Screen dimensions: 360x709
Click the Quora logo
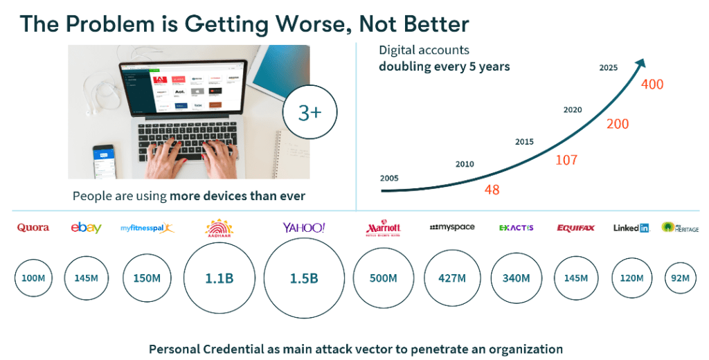click(33, 228)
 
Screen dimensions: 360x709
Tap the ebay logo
click(87, 228)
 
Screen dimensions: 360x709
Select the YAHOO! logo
click(304, 228)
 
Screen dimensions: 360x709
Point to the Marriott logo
click(383, 228)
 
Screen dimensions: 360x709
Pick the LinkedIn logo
click(631, 228)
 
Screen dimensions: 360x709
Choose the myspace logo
click(452, 227)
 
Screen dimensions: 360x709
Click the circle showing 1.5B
click(304, 279)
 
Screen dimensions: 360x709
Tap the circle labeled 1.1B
click(219, 279)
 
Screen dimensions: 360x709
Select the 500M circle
click(383, 278)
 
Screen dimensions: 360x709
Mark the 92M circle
click(681, 278)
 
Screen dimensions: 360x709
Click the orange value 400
click(652, 84)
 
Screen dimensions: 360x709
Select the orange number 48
click(492, 190)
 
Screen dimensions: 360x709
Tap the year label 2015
click(525, 142)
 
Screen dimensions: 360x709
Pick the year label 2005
click(390, 178)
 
